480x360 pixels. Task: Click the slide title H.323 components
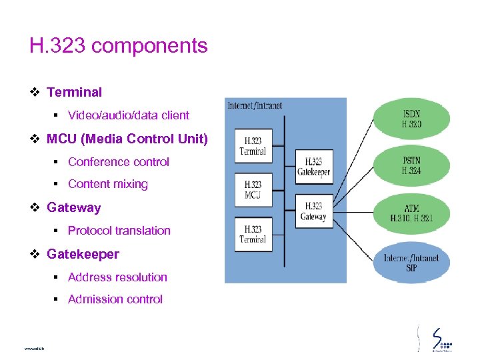[119, 46]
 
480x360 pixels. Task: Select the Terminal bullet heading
[74, 92]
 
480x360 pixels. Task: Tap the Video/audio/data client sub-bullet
[128, 115]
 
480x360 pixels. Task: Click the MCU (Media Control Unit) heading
[127, 139]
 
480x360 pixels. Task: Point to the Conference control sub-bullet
[118, 162]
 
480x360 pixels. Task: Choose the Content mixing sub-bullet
[107, 184]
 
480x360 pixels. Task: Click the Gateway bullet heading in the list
[73, 207]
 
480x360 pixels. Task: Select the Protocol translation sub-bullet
[119, 231]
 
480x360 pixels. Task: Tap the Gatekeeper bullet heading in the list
[83, 254]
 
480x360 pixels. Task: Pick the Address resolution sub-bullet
[117, 277]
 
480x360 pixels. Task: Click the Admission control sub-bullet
[115, 299]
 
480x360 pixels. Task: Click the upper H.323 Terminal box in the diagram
[253, 146]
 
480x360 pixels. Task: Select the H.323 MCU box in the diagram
[253, 189]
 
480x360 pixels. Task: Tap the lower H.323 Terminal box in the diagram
[253, 234]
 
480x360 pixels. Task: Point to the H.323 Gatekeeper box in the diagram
[313, 167]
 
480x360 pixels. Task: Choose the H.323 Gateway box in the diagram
[313, 211]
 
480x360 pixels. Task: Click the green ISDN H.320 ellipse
[411, 119]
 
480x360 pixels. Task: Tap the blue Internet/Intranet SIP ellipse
[411, 262]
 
